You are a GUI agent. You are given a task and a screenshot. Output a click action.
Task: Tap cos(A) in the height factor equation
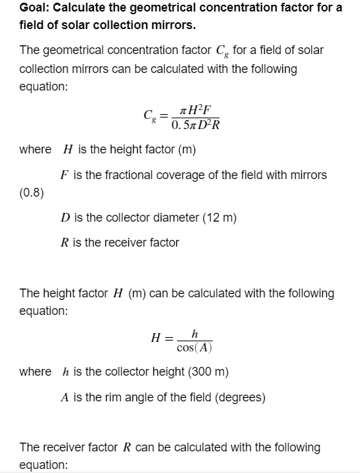[x=194, y=347]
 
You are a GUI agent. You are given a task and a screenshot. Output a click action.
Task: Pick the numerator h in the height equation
[x=195, y=333]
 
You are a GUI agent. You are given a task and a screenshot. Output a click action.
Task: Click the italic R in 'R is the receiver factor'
[x=63, y=242]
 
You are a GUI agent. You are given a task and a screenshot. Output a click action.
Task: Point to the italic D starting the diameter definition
[x=64, y=218]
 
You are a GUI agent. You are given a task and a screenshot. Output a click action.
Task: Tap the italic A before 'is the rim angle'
[x=65, y=397]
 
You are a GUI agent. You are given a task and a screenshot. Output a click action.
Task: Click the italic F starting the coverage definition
[x=63, y=175]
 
